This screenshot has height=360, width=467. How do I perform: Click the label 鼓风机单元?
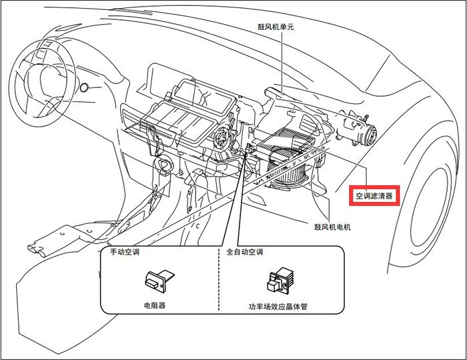coord(276,27)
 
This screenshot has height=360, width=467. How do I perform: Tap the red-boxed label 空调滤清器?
coord(374,196)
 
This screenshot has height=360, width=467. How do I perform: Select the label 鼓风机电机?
coord(332,227)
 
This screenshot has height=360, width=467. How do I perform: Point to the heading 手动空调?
coord(125,252)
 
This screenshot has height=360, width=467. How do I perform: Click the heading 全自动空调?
coord(245,252)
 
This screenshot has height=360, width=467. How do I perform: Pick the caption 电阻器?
coord(155,305)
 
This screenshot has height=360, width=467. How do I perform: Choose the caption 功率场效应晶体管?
coord(278,306)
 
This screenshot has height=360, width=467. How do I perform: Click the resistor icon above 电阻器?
coord(159,280)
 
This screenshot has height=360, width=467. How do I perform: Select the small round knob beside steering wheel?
coord(84,87)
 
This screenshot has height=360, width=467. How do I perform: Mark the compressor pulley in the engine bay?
coord(370,135)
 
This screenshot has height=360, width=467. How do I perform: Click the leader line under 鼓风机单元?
coord(282,63)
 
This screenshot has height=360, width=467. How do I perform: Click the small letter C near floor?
coord(197,226)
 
